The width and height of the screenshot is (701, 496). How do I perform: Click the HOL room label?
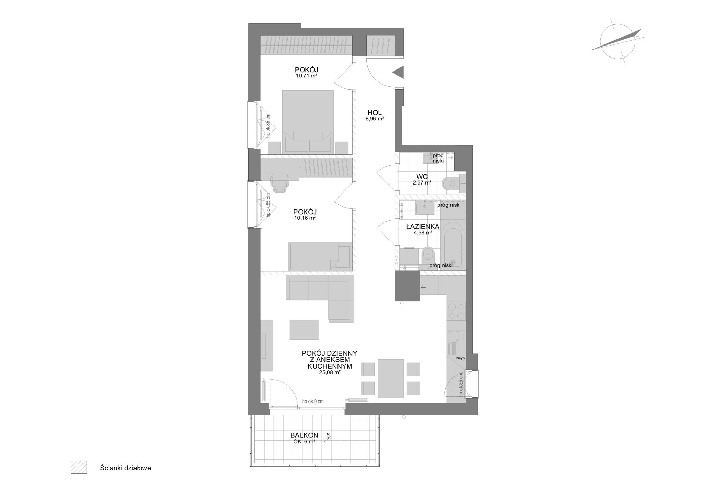tap(374, 112)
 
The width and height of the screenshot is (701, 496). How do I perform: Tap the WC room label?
tap(422, 177)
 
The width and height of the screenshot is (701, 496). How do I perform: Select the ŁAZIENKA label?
tap(423, 226)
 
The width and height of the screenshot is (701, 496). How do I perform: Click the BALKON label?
tap(304, 435)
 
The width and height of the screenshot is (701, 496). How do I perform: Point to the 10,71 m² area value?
tap(307, 76)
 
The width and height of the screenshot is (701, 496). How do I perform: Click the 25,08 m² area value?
tap(330, 373)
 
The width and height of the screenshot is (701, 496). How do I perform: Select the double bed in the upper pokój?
tap(308, 122)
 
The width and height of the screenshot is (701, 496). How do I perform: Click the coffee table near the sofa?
tap(304, 329)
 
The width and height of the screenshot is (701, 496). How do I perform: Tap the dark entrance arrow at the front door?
tap(398, 73)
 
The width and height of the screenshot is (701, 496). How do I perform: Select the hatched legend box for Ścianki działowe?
tap(79, 467)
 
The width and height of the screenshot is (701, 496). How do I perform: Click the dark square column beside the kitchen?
tap(407, 286)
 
